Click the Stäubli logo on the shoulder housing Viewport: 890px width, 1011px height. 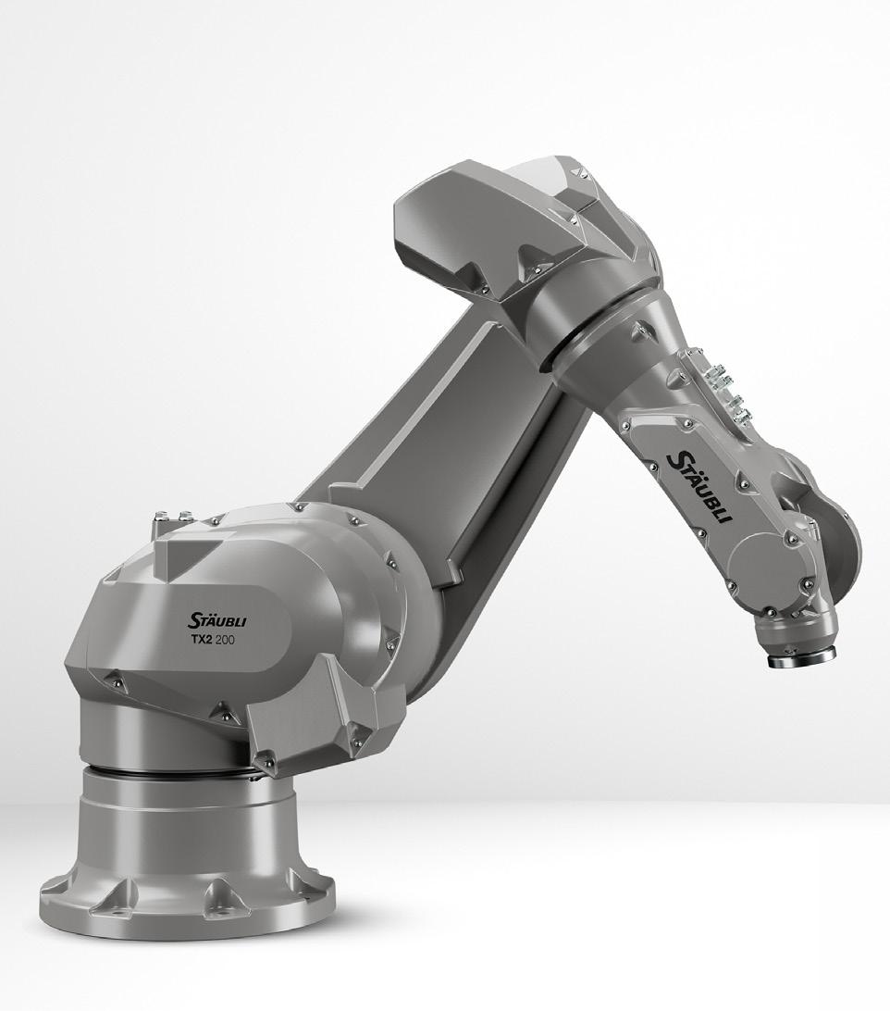click(217, 621)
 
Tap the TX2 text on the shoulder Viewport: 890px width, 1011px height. click(201, 641)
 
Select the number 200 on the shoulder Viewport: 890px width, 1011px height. click(227, 641)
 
